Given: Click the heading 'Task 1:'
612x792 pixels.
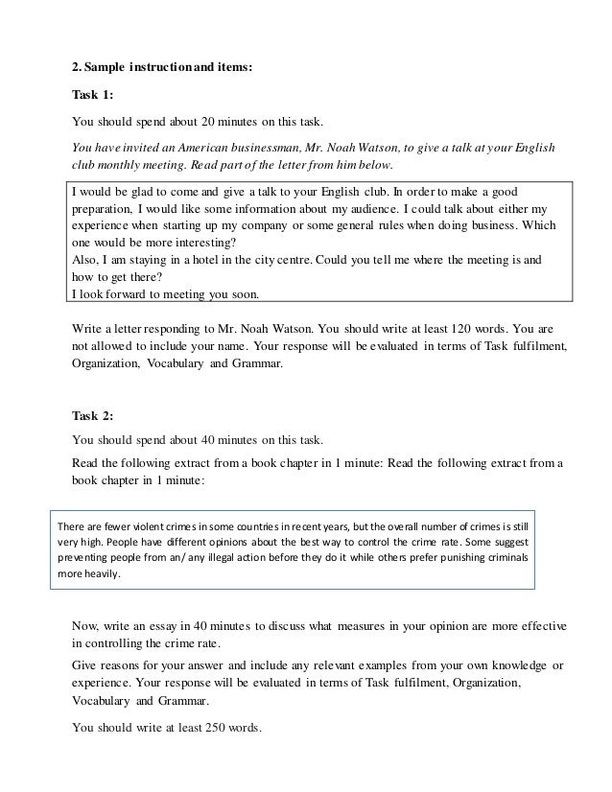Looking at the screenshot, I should (x=93, y=96).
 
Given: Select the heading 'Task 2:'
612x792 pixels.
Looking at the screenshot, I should (x=93, y=415).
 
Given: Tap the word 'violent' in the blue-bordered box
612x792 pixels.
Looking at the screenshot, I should (x=152, y=526).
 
